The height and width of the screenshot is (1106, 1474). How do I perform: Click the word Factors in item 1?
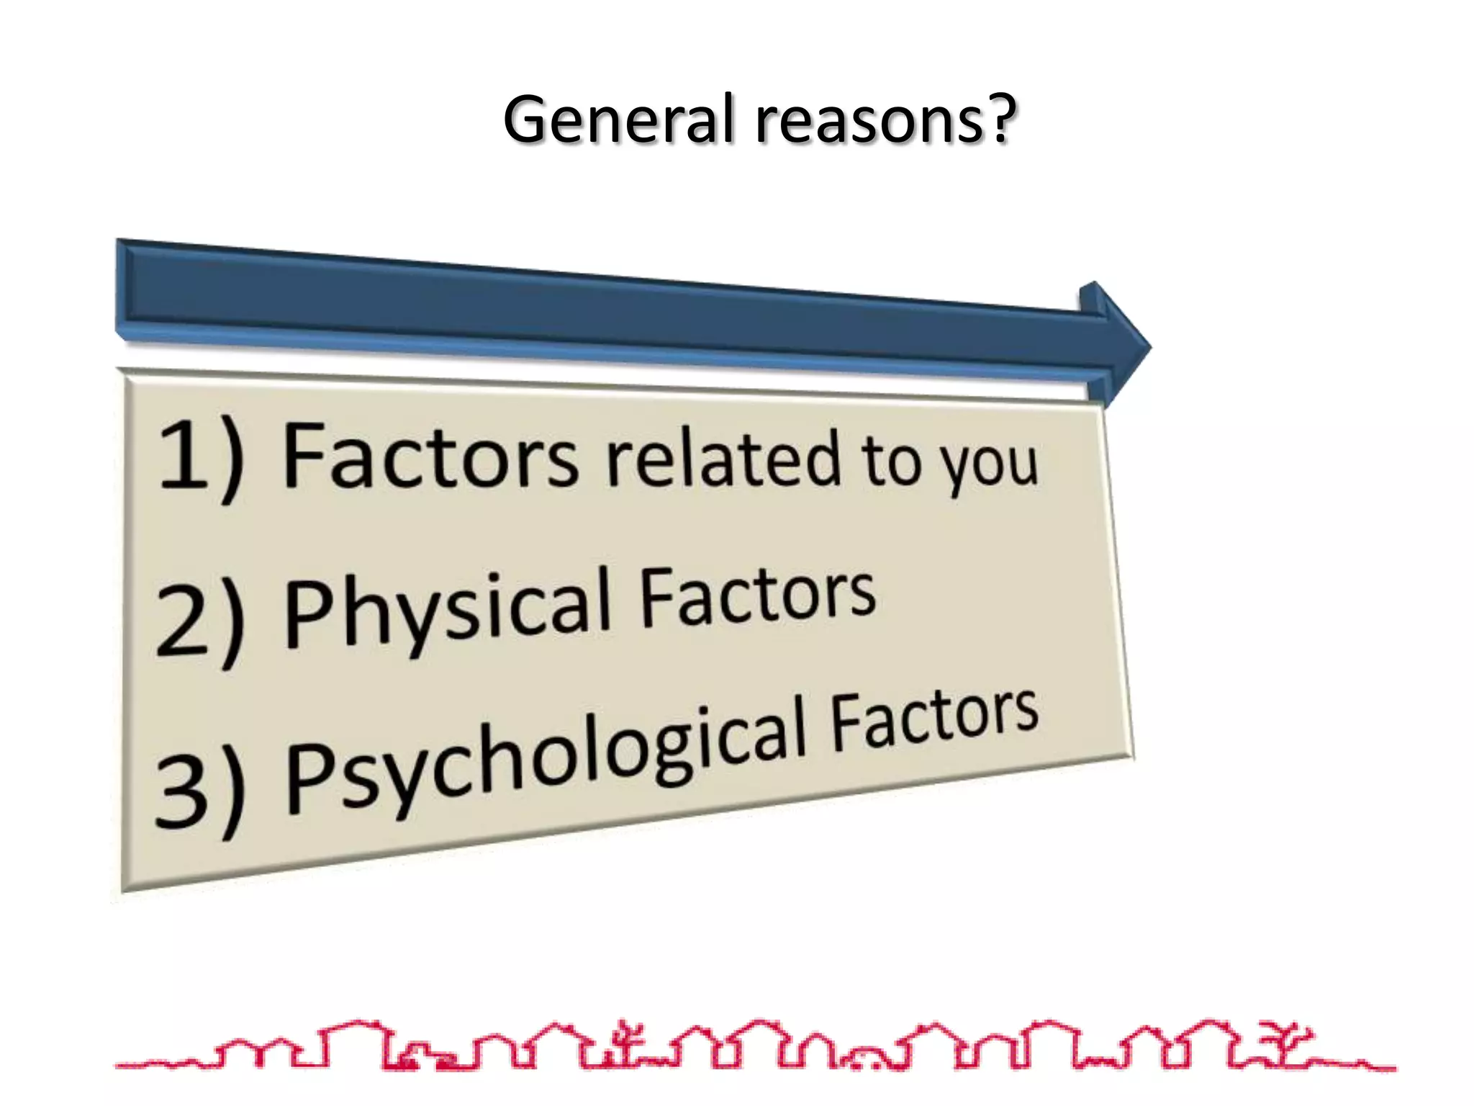[430, 458]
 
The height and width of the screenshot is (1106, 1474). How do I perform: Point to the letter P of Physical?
[309, 616]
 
